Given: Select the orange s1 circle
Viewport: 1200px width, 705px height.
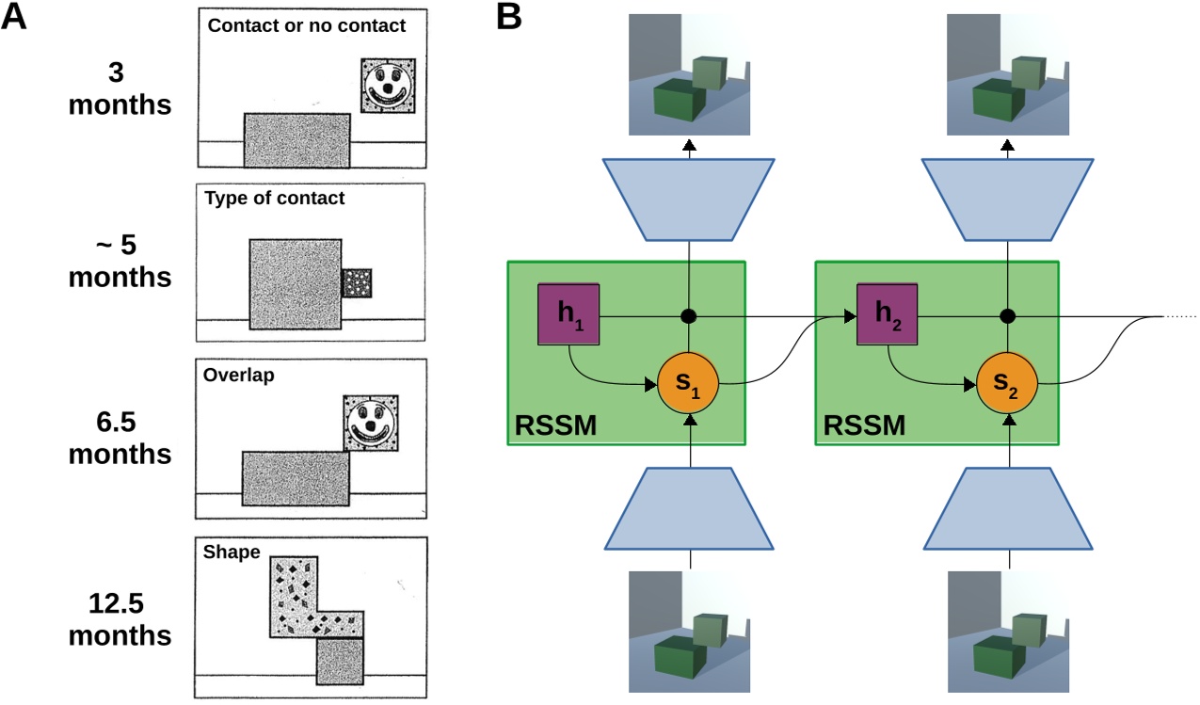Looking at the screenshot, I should point(688,383).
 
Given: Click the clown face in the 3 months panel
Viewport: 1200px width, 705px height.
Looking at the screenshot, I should point(387,87).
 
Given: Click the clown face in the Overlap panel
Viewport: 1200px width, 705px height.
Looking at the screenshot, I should point(370,421).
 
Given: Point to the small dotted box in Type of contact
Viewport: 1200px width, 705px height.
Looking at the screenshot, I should point(357,282).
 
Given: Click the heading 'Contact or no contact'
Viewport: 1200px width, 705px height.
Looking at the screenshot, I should point(306,25).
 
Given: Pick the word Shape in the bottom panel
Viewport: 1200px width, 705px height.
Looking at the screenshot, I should point(231,553).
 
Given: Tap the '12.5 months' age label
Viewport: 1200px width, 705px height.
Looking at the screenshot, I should point(120,617).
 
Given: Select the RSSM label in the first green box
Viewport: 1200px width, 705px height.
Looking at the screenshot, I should point(555,426).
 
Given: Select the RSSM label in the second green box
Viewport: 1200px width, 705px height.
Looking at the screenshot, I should point(864,426).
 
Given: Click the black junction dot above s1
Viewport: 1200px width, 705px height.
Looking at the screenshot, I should point(689,316).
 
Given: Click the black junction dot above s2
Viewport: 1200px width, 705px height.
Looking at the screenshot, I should point(1006,316).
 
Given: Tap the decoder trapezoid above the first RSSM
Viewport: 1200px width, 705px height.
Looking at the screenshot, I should point(689,198).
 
